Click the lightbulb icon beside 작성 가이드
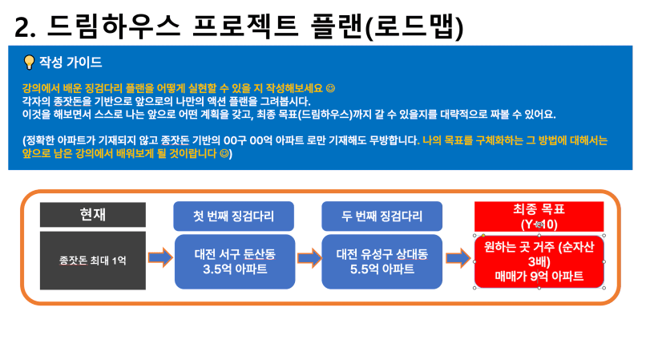[29, 63]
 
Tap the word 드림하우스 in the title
[114, 26]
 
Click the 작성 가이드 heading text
[71, 63]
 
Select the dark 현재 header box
[93, 214]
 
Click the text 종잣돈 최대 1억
[93, 261]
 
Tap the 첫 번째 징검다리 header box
[233, 216]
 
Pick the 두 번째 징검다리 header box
[382, 216]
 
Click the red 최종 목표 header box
[539, 217]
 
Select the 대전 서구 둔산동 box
[235, 262]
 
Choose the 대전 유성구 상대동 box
[382, 262]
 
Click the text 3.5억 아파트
[235, 269]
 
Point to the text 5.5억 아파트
[382, 269]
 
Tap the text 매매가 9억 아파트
[539, 277]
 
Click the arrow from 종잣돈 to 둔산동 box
[160, 258]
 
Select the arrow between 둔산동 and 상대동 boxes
[309, 258]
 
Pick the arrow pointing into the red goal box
[458, 258]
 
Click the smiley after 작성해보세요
[330, 88]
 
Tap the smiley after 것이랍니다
[224, 154]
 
